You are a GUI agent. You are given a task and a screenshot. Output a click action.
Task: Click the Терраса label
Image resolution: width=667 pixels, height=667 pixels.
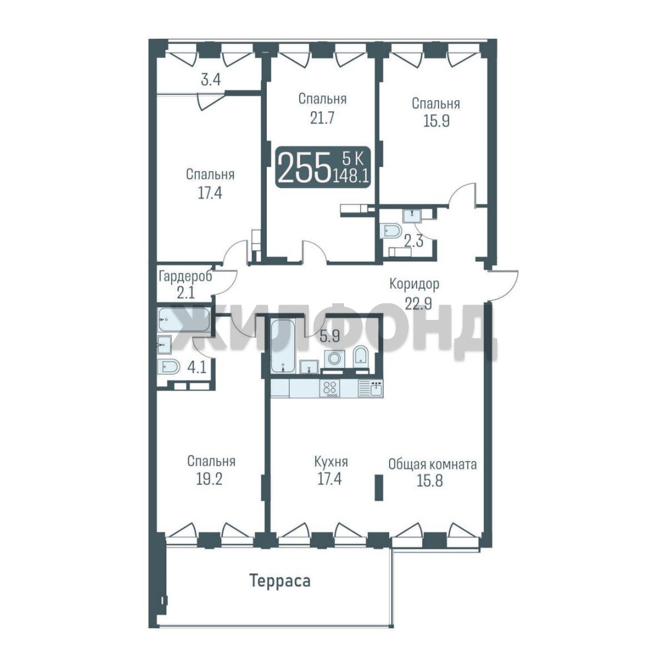point(280,581)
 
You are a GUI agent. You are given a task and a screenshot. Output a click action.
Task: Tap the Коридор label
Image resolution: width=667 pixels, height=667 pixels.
point(414,283)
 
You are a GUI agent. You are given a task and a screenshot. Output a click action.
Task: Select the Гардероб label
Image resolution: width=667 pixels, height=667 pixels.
point(185,277)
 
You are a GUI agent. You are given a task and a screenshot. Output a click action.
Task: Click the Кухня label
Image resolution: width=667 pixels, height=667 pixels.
point(331,461)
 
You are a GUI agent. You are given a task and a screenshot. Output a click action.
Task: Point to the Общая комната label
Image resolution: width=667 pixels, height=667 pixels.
point(432,464)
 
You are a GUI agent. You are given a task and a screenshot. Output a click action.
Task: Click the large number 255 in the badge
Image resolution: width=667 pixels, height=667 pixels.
point(306,167)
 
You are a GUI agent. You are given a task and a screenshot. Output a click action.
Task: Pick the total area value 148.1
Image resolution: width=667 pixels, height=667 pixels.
point(351,175)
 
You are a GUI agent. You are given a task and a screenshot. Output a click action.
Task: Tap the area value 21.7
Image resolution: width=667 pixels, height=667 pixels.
point(322,118)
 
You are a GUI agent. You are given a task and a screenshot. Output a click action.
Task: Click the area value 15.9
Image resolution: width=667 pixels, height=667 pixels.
point(437,121)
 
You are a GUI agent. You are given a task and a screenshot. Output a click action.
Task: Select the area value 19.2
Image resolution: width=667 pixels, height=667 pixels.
point(209,479)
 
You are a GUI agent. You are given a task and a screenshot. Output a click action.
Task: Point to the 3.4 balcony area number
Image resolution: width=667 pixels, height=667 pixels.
point(211,80)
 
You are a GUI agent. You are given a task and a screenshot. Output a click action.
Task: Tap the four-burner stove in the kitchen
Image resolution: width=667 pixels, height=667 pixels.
point(330,388)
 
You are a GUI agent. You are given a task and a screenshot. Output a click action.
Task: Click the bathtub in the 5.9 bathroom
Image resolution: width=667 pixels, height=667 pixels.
point(280,346)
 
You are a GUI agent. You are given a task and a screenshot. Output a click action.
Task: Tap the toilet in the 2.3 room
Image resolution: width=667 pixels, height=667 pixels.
point(391,231)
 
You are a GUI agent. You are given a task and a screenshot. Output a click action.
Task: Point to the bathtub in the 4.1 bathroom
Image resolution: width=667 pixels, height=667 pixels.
point(184,320)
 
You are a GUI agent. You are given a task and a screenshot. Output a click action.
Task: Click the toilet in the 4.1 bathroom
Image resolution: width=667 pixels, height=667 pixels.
point(169,367)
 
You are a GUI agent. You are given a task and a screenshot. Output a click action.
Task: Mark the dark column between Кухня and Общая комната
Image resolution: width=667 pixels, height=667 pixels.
point(379,488)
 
